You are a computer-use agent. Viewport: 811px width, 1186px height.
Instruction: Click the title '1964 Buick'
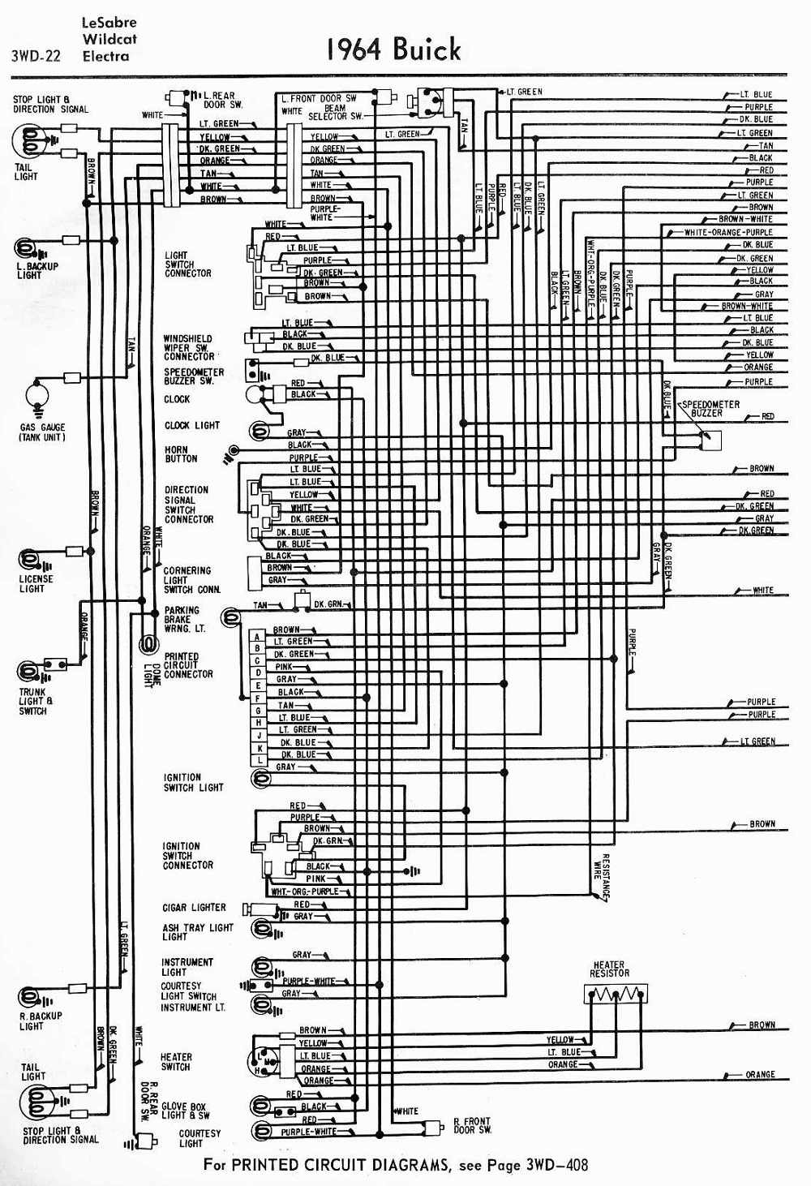[393, 49]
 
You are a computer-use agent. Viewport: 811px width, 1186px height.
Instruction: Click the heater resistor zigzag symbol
[616, 994]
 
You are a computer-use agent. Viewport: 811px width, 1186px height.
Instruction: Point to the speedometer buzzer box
[713, 440]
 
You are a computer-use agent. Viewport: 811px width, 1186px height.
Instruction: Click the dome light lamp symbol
[148, 645]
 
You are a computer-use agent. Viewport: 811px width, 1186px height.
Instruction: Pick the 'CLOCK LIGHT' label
[192, 425]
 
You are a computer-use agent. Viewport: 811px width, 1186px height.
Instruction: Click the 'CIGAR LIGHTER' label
[194, 908]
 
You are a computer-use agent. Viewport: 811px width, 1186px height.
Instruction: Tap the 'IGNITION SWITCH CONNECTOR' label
[187, 856]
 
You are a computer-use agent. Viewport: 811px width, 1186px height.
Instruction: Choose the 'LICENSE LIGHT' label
[36, 583]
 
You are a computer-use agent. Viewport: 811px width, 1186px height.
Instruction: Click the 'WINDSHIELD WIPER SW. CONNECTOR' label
[189, 347]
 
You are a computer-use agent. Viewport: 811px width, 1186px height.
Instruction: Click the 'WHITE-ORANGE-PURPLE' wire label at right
[728, 233]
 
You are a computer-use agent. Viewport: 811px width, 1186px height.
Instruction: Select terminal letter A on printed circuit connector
[258, 637]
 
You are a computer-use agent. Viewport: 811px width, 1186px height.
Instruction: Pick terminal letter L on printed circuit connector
[260, 760]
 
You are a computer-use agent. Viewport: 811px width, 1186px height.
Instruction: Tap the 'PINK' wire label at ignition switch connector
[315, 879]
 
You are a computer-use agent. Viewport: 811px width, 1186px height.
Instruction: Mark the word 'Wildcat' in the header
[109, 39]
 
